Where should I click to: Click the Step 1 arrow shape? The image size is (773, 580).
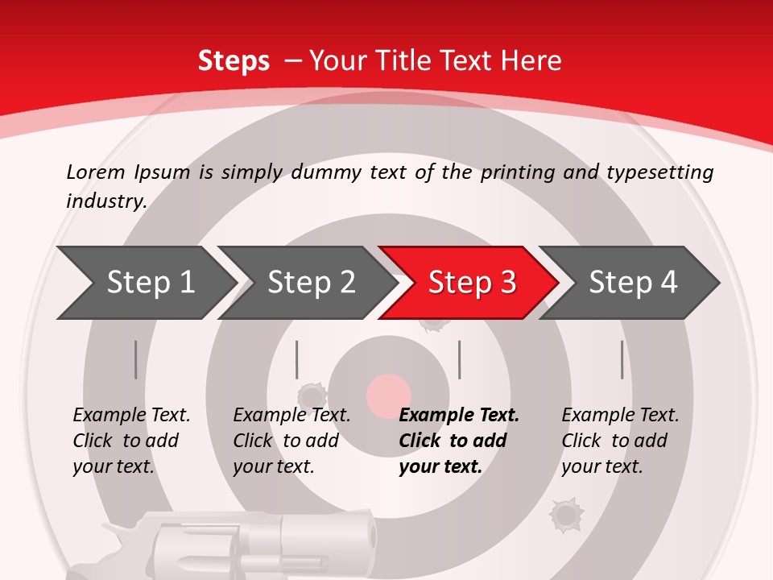point(145,283)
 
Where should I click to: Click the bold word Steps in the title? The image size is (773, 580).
point(234,61)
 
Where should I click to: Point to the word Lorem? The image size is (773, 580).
point(96,172)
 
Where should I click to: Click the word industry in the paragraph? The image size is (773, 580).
point(105,201)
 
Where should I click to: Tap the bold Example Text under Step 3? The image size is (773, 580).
point(459,416)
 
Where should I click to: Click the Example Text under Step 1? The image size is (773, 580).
point(131,416)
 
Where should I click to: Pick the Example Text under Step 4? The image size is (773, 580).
point(620,416)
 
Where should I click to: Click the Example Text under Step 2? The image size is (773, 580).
point(291,416)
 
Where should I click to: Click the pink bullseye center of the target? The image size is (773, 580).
point(388,395)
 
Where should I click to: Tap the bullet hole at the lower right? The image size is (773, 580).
point(565,514)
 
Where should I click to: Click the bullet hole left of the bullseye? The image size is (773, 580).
point(311,395)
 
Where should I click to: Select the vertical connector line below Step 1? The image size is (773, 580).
point(136,359)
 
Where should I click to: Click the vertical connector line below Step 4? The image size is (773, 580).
point(622,359)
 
